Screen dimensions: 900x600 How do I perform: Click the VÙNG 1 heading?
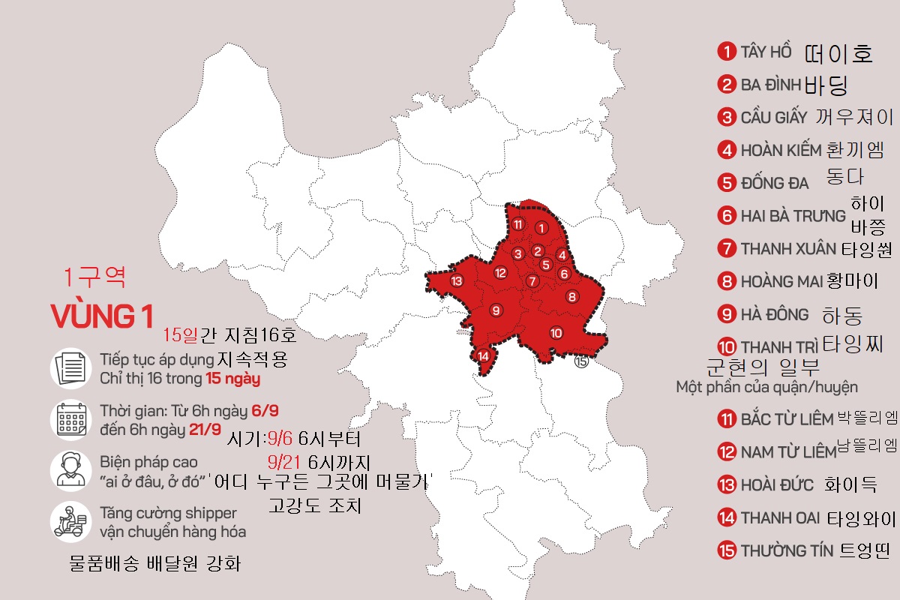pos(103,316)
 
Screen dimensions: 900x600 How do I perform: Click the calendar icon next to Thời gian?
pos(71,420)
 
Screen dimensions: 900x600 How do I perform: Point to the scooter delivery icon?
pos(71,521)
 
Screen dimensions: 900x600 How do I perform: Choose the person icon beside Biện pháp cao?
pos(71,470)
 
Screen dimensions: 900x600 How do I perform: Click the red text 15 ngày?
pos(232,379)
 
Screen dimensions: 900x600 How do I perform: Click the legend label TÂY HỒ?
pos(766,52)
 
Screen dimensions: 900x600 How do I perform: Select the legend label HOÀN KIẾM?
pos(781,150)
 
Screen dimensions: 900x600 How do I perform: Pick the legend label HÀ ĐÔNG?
pos(775,314)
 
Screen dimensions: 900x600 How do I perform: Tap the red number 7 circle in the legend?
pos(726,248)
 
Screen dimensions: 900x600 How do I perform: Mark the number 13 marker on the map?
pos(457,281)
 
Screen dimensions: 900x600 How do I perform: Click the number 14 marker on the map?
pos(484,356)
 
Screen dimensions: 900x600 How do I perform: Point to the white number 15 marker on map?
pos(581,361)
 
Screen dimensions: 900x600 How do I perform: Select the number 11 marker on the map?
pos(518,224)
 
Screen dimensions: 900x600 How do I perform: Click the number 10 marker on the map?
pos(556,333)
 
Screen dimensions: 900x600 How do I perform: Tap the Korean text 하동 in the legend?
pos(842,315)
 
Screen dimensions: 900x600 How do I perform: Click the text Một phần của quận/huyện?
pos(766,387)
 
